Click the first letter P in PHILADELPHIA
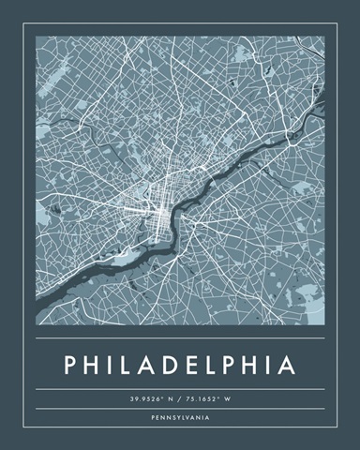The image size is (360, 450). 71,362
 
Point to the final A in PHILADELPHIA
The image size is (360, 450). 288,362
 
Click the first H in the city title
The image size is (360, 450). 94,362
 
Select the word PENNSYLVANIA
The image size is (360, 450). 180,416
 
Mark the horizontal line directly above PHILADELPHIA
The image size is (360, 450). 180,337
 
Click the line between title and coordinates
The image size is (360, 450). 180,389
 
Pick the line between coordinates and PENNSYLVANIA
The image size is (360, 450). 180,409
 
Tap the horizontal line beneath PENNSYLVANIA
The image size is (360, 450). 180,425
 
